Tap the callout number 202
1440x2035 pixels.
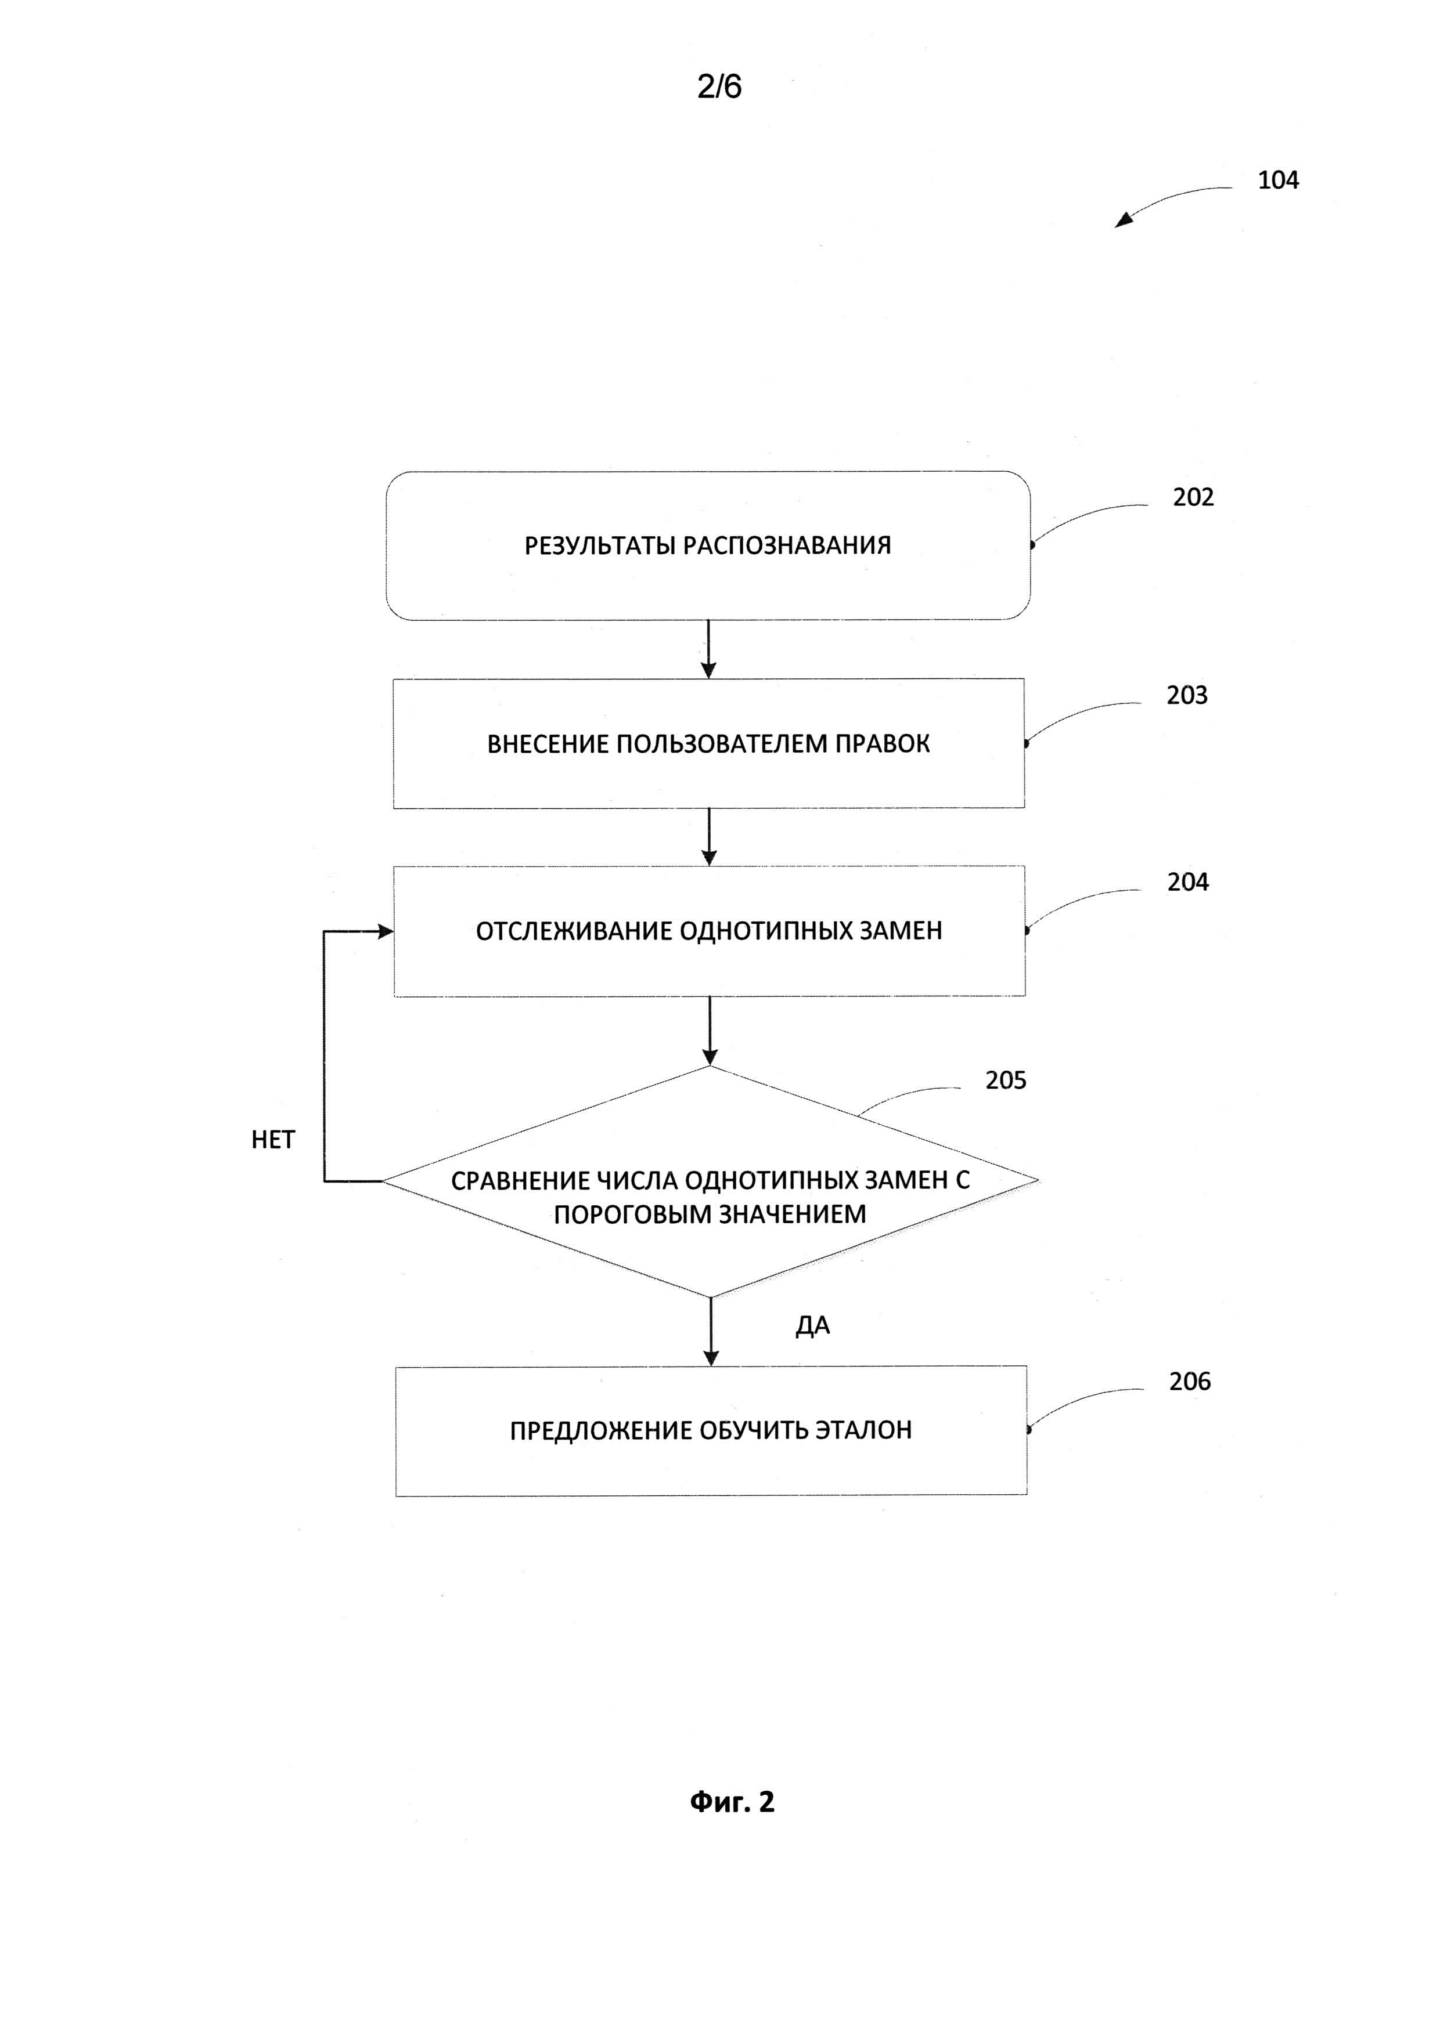tap(1193, 497)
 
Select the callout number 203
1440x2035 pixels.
tap(1186, 695)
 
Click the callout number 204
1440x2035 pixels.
tap(1187, 882)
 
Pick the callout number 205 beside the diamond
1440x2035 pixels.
tap(1006, 1080)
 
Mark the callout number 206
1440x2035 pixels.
tap(1189, 1381)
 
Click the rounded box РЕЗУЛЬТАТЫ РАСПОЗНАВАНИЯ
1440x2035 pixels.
tap(708, 545)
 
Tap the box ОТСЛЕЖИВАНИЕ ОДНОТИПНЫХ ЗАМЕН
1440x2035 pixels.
tap(710, 931)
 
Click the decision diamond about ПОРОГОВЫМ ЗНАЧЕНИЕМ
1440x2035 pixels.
tap(710, 1181)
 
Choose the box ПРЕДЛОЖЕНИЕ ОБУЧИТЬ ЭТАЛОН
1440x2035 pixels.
tap(711, 1430)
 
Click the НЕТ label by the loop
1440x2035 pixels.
tap(273, 1140)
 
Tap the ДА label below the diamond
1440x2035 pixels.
tap(812, 1326)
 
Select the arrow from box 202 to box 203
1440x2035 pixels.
tap(708, 649)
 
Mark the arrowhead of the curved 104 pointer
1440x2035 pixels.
tap(1122, 220)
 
